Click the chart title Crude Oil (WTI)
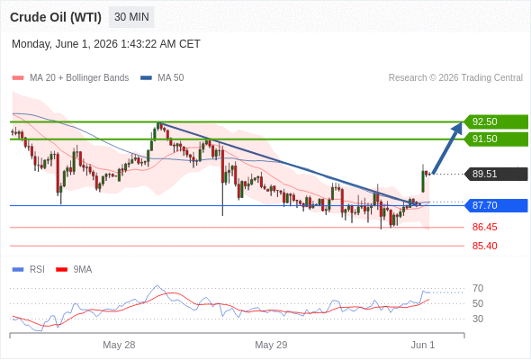pos(56,17)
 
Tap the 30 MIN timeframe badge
pos(131,17)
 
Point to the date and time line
pos(106,44)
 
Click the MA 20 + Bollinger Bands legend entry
pos(70,78)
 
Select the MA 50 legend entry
pos(162,78)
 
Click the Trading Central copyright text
pos(455,78)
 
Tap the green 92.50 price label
pos(496,121)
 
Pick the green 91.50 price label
pos(496,139)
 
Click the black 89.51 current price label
pos(496,174)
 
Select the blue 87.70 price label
pos(496,205)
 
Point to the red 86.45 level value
pos(484,227)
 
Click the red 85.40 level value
pos(484,246)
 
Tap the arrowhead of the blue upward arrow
pos(458,127)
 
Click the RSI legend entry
pos(29,270)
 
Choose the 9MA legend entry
pos(74,270)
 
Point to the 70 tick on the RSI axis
pos(478,289)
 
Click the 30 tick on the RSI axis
pos(478,319)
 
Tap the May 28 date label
pos(119,345)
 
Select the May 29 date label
pos(271,345)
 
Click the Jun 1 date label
pos(423,345)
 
